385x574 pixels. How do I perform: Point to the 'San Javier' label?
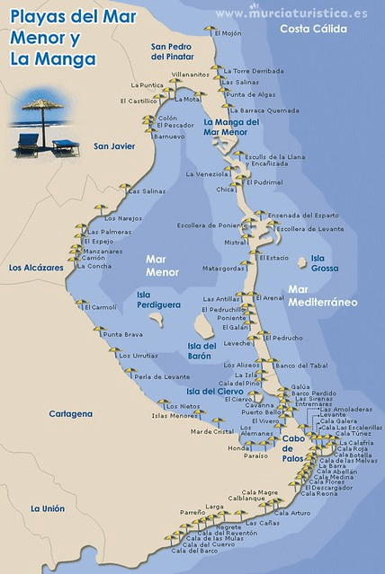click(115, 146)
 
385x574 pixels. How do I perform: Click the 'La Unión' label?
click(47, 508)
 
